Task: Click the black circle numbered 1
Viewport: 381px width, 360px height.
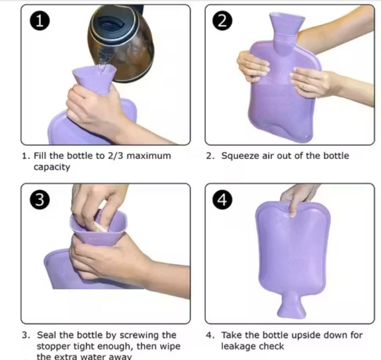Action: click(40, 21)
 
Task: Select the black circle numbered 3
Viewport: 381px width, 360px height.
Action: click(40, 200)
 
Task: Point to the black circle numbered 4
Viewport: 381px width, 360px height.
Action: click(224, 200)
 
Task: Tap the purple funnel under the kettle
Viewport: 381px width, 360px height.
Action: click(95, 78)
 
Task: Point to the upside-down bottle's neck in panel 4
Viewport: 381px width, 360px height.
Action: click(290, 304)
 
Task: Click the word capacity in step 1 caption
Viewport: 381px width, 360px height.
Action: click(52, 167)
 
